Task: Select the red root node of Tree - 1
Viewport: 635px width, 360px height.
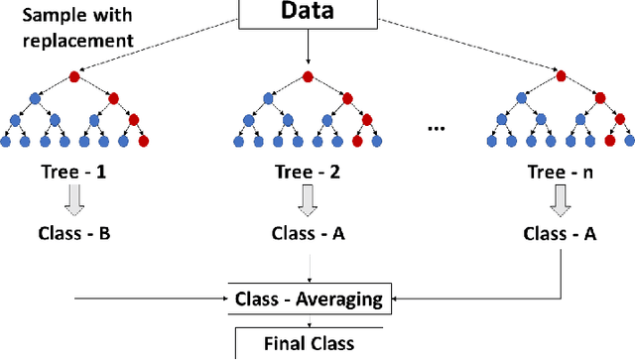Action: point(74,75)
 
